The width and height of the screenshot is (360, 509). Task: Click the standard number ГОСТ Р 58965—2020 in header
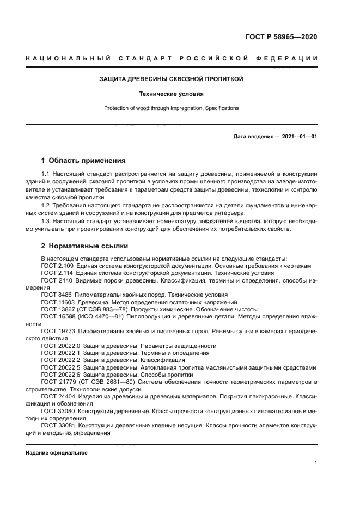(281, 37)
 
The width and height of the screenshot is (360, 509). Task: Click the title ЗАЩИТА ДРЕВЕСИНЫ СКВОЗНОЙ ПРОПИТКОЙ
(171, 79)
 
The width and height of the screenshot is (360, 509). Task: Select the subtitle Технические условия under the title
(171, 94)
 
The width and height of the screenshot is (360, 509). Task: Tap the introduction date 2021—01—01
(299, 137)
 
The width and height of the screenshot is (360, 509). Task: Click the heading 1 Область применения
(83, 161)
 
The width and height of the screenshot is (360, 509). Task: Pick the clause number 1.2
(46, 205)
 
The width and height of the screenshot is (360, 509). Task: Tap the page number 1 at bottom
(315, 463)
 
